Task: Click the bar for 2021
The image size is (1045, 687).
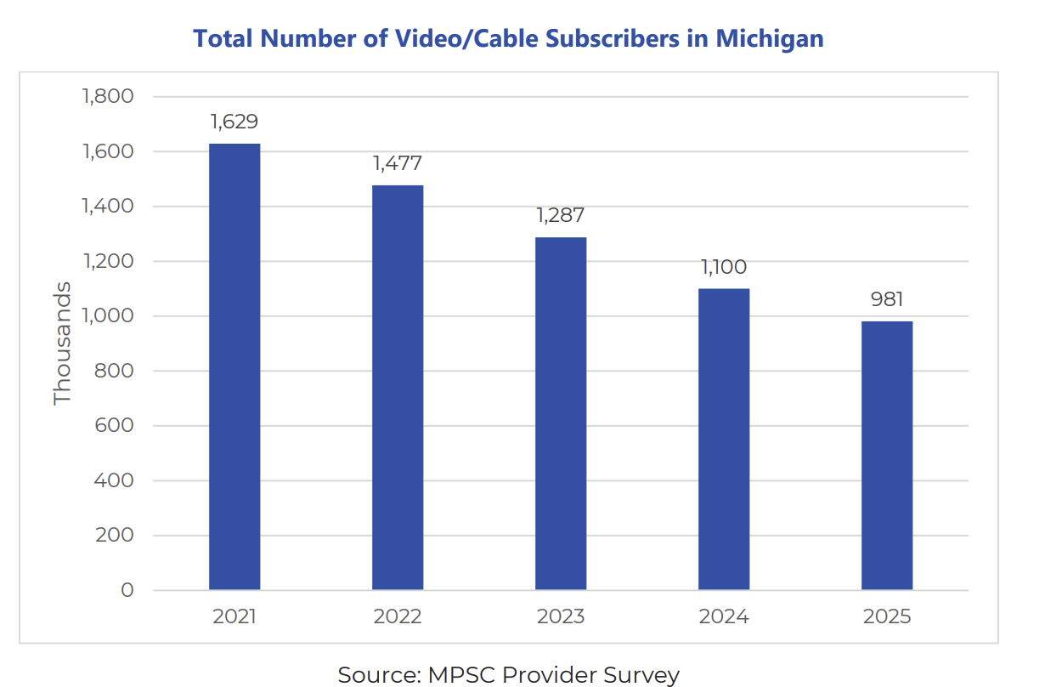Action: (x=234, y=366)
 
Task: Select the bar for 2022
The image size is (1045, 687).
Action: (x=398, y=388)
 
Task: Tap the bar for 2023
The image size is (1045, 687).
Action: (x=561, y=413)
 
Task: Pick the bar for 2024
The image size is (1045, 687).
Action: (x=724, y=439)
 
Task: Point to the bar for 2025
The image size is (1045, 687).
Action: (x=887, y=456)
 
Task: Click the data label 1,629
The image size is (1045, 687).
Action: (x=234, y=122)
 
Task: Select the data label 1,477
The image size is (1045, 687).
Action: (x=398, y=163)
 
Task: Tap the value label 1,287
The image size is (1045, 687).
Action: (x=561, y=216)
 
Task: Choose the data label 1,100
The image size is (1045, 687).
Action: (x=724, y=267)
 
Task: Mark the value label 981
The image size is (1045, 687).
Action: (x=887, y=300)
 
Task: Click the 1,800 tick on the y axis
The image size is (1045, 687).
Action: (x=108, y=96)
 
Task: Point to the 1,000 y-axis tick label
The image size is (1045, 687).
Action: (x=108, y=315)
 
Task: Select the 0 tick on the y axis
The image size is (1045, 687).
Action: (x=127, y=590)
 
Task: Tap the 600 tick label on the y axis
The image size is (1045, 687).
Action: (x=116, y=425)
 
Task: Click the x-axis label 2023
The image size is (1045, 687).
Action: (x=561, y=616)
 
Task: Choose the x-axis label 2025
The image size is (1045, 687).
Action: (x=887, y=616)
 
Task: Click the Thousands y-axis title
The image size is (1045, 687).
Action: (x=63, y=343)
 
